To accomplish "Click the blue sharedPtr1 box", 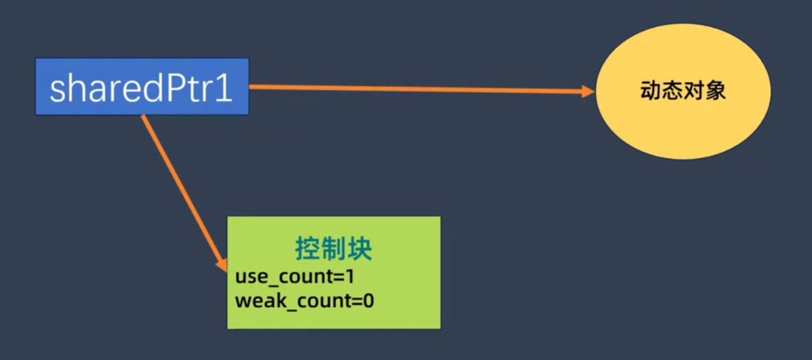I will (x=142, y=87).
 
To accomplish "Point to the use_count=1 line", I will (x=294, y=277).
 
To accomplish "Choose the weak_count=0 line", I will (x=304, y=300).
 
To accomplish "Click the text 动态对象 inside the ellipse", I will (x=682, y=91).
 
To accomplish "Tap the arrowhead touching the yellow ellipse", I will (x=588, y=91).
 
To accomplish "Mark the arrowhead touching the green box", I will (x=221, y=264).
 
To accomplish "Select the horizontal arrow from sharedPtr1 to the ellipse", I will (x=421, y=88).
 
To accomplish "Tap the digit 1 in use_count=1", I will (x=350, y=277).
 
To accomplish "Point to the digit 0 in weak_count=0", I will (x=368, y=300).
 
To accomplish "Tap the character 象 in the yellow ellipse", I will (x=716, y=91).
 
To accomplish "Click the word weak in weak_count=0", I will (x=254, y=300).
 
